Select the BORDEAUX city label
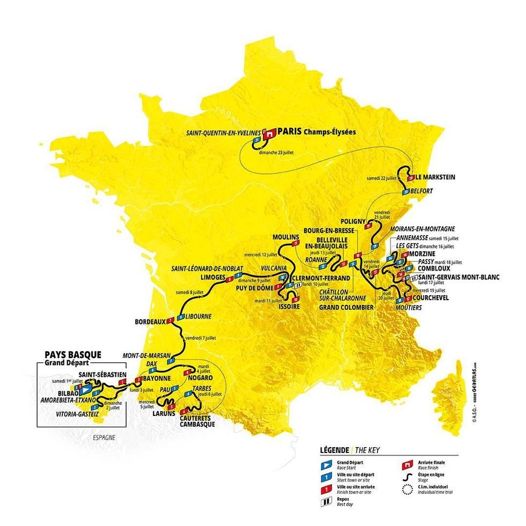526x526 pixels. [x=149, y=322]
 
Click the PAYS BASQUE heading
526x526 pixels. [x=73, y=355]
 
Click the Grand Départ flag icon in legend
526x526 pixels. [x=324, y=462]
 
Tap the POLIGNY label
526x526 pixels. [x=353, y=221]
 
